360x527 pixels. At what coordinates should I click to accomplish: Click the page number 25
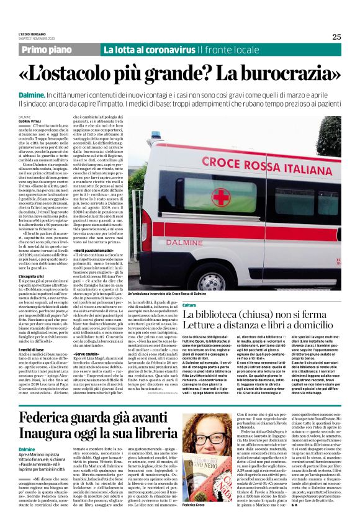click(x=336, y=37)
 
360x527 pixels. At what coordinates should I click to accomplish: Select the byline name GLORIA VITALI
click(x=29, y=121)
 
